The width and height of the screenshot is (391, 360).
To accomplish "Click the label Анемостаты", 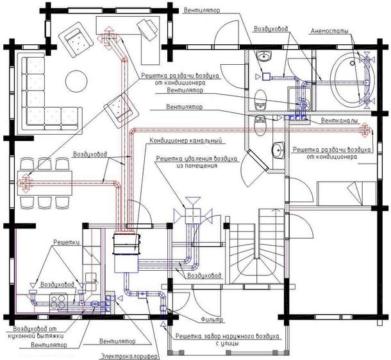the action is click(329, 31).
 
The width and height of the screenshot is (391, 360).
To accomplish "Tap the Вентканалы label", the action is click(339, 121).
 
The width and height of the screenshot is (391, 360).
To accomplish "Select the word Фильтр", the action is click(212, 320).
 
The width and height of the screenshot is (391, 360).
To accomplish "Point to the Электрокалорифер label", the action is click(129, 356).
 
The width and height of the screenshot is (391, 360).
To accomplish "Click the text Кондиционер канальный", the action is click(186, 141).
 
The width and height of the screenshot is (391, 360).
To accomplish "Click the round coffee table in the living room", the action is click(76, 80).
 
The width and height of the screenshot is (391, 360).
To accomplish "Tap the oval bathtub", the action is click(354, 80).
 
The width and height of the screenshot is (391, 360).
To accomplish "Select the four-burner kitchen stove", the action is click(58, 302).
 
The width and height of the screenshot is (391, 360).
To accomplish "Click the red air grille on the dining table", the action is click(25, 184).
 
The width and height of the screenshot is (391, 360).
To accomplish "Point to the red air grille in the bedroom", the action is click(365, 130).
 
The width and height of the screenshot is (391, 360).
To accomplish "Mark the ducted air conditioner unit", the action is click(126, 253).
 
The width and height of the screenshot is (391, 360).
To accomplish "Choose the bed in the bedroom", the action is click(347, 194).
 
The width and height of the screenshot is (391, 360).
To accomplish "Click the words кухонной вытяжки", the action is click(36, 336).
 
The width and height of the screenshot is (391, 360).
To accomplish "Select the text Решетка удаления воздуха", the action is click(197, 159).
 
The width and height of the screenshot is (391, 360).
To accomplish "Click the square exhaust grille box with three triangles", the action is click(192, 216).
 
